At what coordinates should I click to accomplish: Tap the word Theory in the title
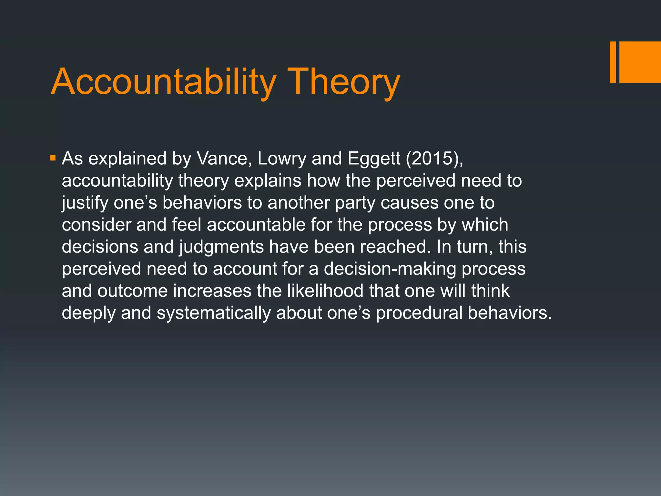click(x=345, y=83)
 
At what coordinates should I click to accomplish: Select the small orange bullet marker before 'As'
click(x=53, y=158)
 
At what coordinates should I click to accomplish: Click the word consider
click(x=96, y=225)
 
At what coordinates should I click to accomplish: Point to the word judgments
click(x=221, y=247)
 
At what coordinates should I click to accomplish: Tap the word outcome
click(x=132, y=291)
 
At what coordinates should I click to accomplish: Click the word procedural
click(x=419, y=313)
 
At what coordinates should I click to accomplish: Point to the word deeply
click(x=88, y=313)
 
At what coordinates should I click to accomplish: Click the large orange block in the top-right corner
click(x=640, y=62)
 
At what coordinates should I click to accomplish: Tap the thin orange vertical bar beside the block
click(x=613, y=62)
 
